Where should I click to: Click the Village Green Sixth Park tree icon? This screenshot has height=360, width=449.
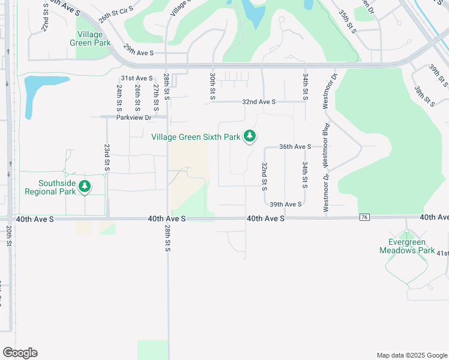[x=250, y=137]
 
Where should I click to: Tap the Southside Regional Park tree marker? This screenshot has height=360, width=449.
[x=85, y=187]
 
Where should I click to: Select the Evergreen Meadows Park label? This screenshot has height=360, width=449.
[x=406, y=246]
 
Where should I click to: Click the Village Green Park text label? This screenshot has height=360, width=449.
[x=94, y=39]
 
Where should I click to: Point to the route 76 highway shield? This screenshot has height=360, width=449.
[x=364, y=217]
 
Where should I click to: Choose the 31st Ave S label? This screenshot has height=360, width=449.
[x=137, y=78]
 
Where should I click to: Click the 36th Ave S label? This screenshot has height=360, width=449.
[x=295, y=146]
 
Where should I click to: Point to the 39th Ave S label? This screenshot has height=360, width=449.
[x=285, y=205]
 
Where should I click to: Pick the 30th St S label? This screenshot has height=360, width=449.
[x=212, y=86]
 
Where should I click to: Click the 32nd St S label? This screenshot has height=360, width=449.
[x=264, y=176]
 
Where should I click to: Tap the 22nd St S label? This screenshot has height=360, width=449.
[x=44, y=19]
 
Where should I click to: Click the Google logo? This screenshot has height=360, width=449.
[x=20, y=353]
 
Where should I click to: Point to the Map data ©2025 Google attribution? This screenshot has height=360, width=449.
[x=411, y=355]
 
